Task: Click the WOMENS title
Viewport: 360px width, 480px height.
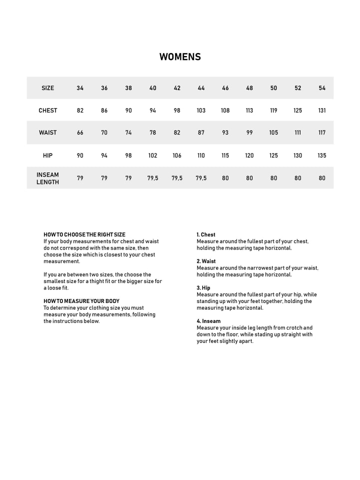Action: (x=180, y=57)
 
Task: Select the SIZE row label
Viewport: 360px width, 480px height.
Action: (x=48, y=88)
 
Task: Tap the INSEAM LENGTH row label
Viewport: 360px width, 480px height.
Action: (x=48, y=178)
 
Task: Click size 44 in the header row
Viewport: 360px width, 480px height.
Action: (x=201, y=88)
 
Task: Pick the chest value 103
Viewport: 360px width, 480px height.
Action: (x=201, y=110)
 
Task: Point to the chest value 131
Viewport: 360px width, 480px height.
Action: (x=322, y=110)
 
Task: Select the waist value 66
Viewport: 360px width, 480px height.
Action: (x=80, y=132)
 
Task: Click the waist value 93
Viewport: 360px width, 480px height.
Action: (x=225, y=132)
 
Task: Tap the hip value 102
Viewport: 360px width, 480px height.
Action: (x=153, y=155)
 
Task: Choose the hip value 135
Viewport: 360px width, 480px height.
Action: (x=322, y=155)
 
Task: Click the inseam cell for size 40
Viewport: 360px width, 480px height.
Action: (x=153, y=178)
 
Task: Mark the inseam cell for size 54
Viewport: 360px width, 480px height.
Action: (x=322, y=178)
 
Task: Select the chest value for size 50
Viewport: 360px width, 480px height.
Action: (x=273, y=110)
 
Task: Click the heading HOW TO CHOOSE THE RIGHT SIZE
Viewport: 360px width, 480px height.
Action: (x=84, y=234)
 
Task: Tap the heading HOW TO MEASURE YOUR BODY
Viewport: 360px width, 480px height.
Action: (x=81, y=301)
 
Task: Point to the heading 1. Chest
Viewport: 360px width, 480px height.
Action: (x=206, y=234)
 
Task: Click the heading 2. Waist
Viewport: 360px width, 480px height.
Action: (x=206, y=261)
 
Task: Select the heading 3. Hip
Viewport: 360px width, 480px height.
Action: (x=203, y=288)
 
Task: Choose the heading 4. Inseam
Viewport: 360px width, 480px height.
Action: (x=208, y=321)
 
